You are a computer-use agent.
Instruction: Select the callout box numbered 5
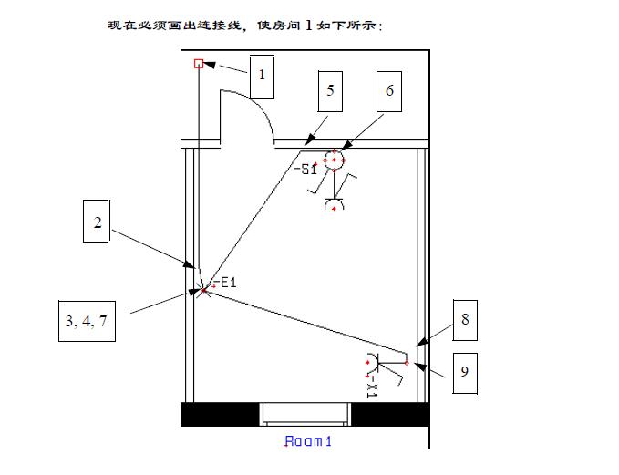[x=331, y=89]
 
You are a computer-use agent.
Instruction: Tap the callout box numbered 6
[x=389, y=89]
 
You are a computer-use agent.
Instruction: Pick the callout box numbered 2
[x=98, y=223]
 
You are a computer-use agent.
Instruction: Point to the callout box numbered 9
[x=464, y=372]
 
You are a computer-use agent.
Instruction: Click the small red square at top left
[x=198, y=63]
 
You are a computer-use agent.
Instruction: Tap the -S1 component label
[x=305, y=169]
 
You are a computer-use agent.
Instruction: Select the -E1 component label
[x=224, y=282]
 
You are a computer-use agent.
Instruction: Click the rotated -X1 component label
[x=372, y=388]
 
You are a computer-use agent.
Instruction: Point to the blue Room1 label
[x=308, y=442]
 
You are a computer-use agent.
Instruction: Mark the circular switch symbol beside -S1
[x=335, y=160]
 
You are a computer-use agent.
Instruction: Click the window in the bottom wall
[x=305, y=414]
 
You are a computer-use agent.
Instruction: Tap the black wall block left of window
[x=220, y=414]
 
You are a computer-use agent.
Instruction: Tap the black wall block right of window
[x=389, y=414]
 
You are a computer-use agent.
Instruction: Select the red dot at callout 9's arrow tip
[x=407, y=363]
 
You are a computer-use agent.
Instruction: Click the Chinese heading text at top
[x=246, y=25]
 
